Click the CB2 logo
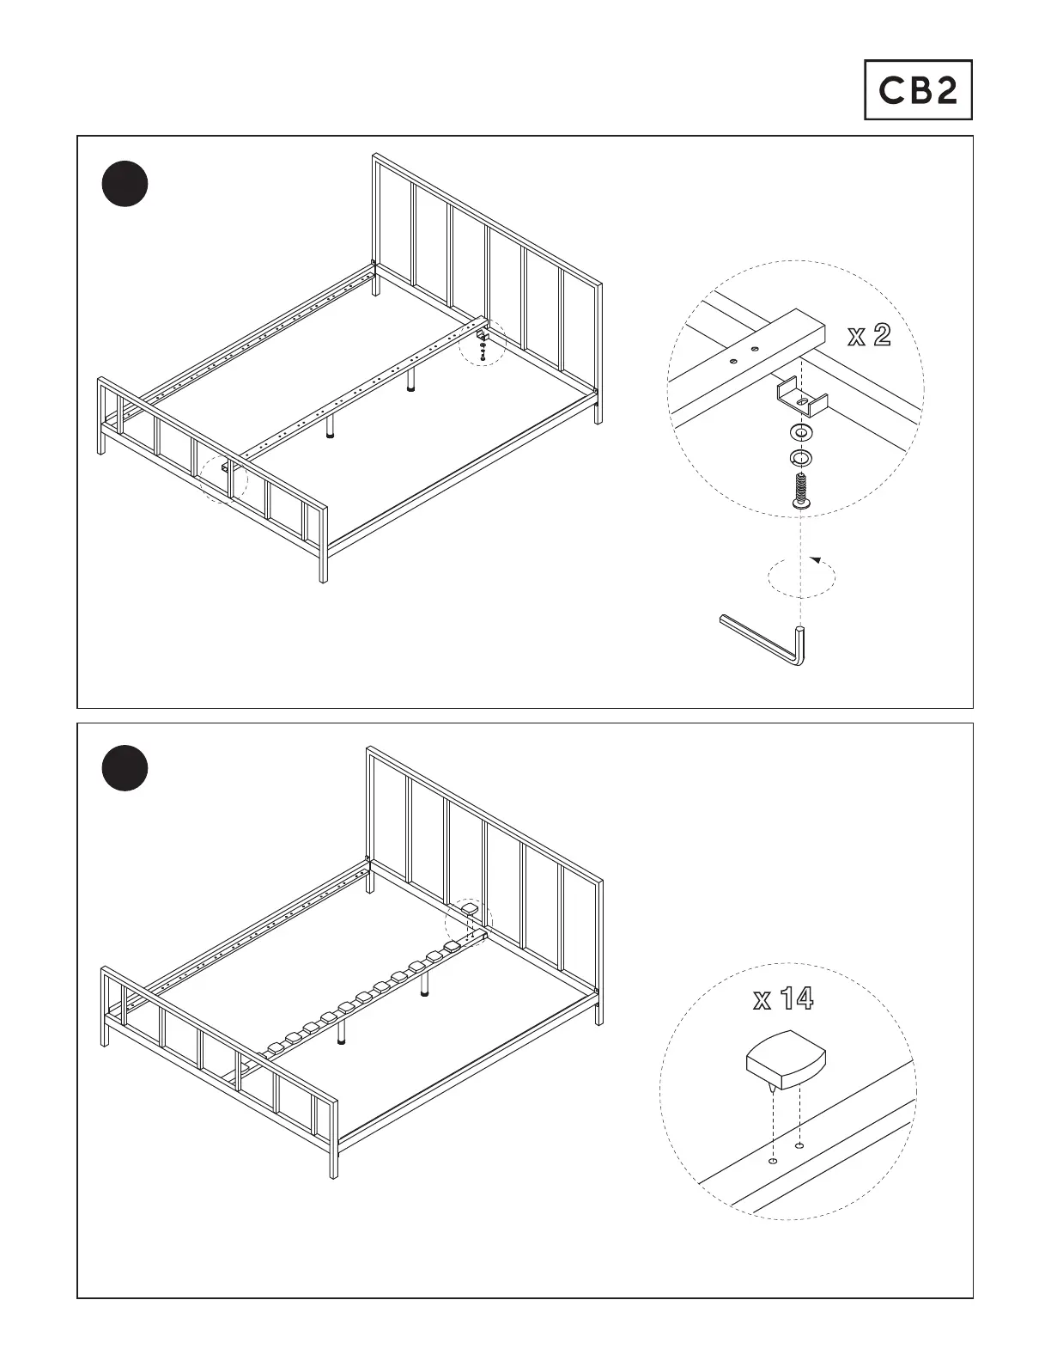point(917,89)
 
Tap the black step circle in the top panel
point(125,184)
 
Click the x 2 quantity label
point(869,335)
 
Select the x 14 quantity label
point(783,998)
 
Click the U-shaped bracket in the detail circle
point(802,397)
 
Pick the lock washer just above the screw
point(801,456)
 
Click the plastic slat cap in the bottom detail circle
point(786,1060)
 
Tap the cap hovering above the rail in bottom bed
point(470,907)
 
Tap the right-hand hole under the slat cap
point(800,1145)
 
